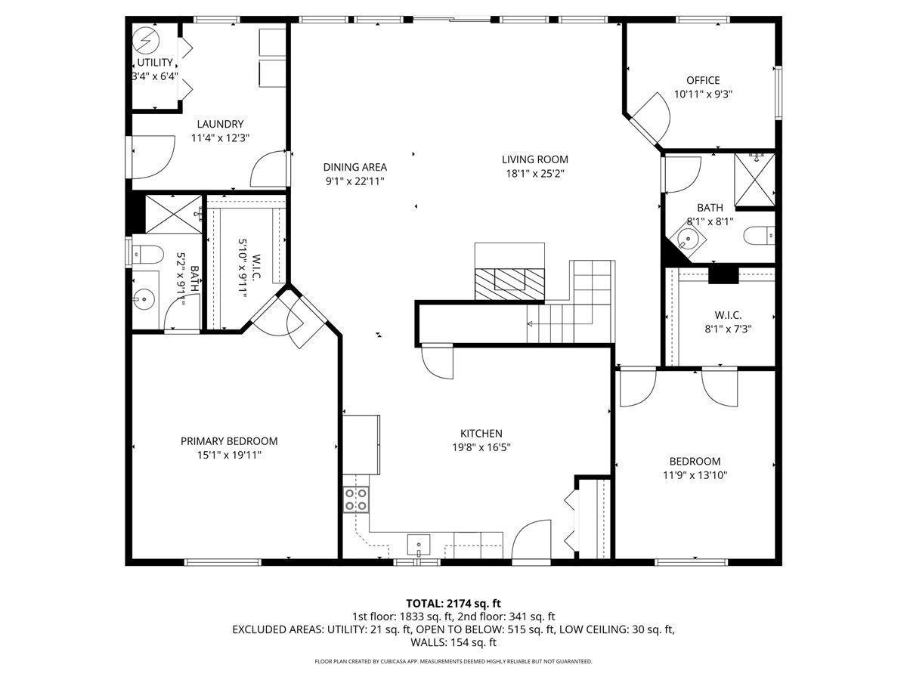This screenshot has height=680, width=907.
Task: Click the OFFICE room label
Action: pos(702,80)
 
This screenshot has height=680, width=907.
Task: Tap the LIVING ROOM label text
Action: pos(534,159)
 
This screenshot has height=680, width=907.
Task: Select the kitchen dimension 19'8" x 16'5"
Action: pos(481,447)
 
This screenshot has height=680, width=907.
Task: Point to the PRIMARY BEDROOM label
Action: pos(229,441)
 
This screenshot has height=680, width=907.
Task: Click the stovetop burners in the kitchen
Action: pos(356,499)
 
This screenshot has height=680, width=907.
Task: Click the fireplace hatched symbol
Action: pos(509,284)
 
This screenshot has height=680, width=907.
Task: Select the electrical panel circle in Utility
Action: pos(146,40)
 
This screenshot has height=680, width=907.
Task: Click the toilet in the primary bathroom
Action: pos(147,254)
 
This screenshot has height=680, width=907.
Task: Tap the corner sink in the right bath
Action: pos(688,238)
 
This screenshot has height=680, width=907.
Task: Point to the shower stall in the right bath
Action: pos(754,179)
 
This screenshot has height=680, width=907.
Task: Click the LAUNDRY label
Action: pos(220,124)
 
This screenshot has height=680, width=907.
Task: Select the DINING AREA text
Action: pos(355,167)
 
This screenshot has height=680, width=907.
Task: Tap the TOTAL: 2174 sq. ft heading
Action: pos(453,604)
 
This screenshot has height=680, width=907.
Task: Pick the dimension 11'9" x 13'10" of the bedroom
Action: pos(695,475)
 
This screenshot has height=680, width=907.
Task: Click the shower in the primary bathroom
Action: pos(174,215)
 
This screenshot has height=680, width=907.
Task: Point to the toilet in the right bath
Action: pos(759,236)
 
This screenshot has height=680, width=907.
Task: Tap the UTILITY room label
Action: pos(155,63)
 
